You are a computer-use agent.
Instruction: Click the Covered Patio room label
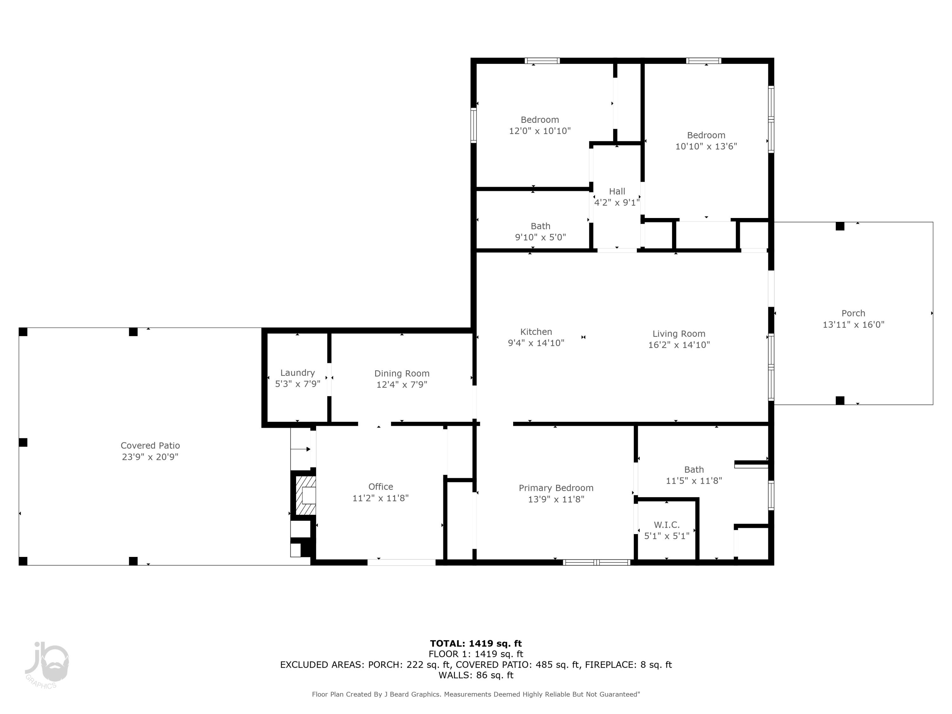[x=150, y=446]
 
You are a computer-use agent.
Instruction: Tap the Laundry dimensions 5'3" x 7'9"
[x=297, y=384]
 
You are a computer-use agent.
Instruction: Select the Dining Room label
[x=401, y=373]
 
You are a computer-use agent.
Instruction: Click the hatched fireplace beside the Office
[x=306, y=495]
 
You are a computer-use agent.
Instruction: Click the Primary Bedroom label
[x=556, y=488]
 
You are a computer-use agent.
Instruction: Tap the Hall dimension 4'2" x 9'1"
[x=617, y=202]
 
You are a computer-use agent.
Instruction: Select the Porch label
[x=853, y=313]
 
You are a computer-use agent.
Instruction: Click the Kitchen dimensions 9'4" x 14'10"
[x=536, y=343]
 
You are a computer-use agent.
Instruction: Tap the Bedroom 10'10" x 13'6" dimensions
[x=706, y=146]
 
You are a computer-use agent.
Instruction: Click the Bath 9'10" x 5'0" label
[x=540, y=226]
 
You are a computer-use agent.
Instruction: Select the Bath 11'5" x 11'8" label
[x=694, y=470]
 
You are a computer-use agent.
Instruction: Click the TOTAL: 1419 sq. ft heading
[x=476, y=644]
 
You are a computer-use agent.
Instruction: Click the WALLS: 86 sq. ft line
[x=476, y=675]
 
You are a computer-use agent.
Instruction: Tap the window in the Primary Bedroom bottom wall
[x=597, y=562]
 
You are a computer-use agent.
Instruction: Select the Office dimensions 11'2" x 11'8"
[x=380, y=498]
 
